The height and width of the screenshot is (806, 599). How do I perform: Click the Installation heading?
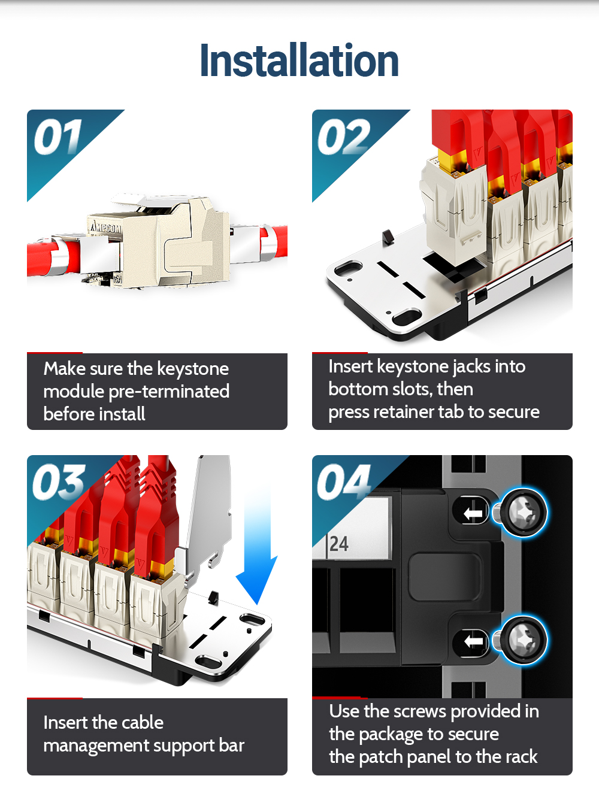tap(299, 60)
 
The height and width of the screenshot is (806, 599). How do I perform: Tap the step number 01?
tap(58, 137)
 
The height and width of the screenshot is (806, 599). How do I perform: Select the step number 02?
tap(343, 137)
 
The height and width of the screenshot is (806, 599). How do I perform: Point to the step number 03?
tap(59, 482)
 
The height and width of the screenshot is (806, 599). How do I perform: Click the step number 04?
tap(343, 482)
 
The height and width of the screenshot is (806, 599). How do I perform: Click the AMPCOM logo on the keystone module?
tap(106, 227)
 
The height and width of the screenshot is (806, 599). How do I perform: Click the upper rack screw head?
tap(523, 513)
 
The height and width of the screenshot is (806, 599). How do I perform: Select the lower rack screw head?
tap(523, 641)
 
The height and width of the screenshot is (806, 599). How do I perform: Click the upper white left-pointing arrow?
tap(473, 513)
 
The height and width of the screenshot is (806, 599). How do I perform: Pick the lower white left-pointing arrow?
tap(474, 641)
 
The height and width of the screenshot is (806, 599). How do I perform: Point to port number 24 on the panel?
tap(339, 544)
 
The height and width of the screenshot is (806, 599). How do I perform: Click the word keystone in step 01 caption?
tap(193, 369)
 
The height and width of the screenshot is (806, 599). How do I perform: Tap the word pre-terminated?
tap(169, 392)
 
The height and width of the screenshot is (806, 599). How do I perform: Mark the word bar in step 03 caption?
tap(232, 746)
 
